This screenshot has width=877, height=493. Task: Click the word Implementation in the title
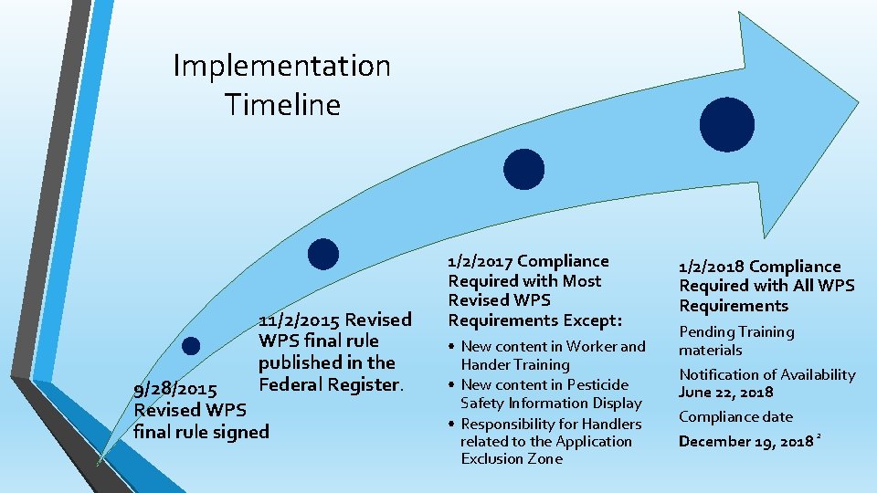(281, 66)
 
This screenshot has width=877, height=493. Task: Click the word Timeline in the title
(282, 104)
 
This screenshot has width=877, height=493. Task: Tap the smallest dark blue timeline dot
(191, 345)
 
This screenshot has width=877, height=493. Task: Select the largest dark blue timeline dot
(726, 124)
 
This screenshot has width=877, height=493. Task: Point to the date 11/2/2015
(297, 320)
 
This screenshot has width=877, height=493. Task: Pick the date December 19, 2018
(745, 442)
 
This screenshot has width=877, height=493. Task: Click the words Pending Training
(736, 332)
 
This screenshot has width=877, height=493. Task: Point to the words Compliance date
(735, 417)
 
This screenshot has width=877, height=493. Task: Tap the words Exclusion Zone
(511, 459)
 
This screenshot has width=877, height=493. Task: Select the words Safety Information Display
(551, 403)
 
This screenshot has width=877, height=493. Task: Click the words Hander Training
(514, 364)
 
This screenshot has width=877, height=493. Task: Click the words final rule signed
(201, 431)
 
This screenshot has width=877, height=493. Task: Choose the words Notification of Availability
(766, 374)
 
